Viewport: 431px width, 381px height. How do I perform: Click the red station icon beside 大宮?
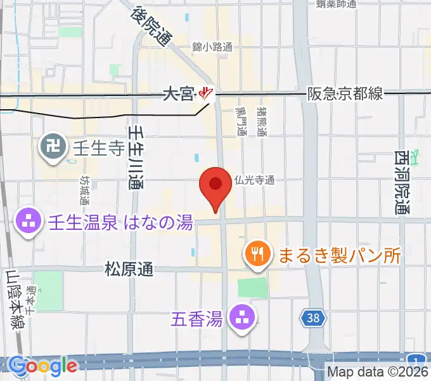(x=205, y=95)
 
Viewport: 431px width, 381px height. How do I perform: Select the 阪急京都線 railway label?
(x=345, y=93)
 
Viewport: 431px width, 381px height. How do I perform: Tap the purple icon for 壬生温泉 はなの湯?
(x=27, y=222)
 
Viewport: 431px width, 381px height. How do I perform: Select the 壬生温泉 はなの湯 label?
(x=120, y=222)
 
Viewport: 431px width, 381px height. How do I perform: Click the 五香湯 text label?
(x=196, y=317)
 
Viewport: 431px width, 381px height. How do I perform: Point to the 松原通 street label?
(x=129, y=269)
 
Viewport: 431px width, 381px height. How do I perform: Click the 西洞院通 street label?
(x=402, y=182)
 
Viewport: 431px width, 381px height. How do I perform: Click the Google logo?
(x=43, y=366)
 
